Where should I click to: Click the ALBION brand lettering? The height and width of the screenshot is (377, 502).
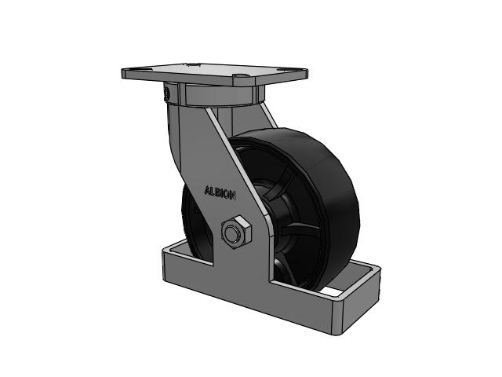[220, 193]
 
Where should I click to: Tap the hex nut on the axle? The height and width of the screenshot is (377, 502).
[236, 232]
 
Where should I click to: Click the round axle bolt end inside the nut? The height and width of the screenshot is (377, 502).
[232, 233]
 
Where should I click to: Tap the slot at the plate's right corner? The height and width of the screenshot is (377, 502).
[284, 70]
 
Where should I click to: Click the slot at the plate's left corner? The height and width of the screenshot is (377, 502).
[134, 70]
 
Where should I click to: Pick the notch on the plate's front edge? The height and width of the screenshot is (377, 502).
[239, 77]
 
